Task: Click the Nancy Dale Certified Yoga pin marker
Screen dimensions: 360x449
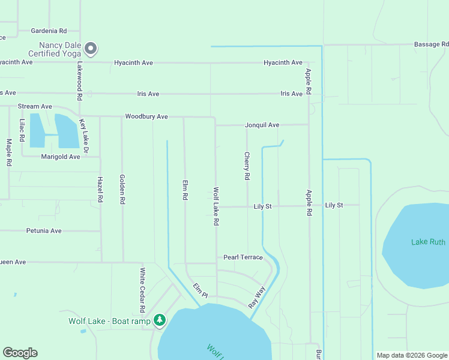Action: point(91,47)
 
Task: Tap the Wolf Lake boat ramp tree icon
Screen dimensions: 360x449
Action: point(159,320)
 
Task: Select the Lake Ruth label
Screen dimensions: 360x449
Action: point(428,242)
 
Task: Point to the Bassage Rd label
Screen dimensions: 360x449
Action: point(431,44)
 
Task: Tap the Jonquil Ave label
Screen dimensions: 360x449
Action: point(262,125)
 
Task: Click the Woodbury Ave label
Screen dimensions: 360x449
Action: point(146,116)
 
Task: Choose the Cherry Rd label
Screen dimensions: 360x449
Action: point(247,166)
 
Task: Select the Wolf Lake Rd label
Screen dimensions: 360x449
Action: point(215,206)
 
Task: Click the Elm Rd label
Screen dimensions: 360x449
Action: point(185,189)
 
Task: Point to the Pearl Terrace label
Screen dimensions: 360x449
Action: point(243,257)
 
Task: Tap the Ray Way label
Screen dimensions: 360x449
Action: point(257,298)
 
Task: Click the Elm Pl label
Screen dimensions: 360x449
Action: point(200,290)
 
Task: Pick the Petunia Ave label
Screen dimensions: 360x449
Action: point(44,230)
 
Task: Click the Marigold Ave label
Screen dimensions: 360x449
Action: point(60,157)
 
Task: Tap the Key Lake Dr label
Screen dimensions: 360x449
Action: point(84,136)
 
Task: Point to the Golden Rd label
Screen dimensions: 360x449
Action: point(122,190)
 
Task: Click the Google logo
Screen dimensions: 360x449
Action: point(20,353)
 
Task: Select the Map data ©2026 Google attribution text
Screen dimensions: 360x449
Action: point(411,355)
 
